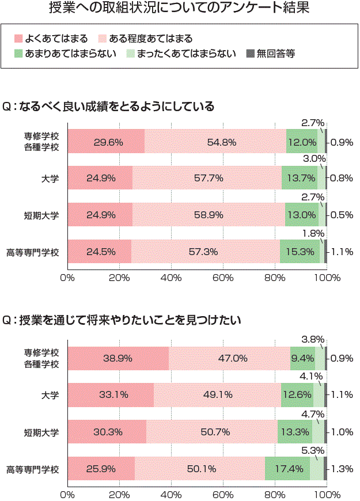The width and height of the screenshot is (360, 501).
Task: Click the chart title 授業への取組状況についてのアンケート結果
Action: click(x=180, y=9)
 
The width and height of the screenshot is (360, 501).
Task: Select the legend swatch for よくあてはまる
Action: click(x=18, y=39)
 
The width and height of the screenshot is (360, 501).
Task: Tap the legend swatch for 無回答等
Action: click(x=249, y=54)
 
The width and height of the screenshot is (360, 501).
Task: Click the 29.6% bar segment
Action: click(x=106, y=142)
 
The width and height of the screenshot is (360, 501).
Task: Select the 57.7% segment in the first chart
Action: click(x=207, y=178)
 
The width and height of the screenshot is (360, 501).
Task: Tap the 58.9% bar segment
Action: click(x=209, y=215)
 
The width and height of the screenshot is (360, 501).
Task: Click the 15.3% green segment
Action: click(x=300, y=252)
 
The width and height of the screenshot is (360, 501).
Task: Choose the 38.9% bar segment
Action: click(x=118, y=358)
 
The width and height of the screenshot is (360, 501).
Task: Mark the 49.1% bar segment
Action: click(x=218, y=395)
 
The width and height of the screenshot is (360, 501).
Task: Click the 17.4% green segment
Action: click(x=287, y=469)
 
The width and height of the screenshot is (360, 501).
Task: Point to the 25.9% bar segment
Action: click(x=101, y=469)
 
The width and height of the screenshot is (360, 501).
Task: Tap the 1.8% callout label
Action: click(x=313, y=233)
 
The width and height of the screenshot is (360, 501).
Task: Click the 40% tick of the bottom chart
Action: click(x=171, y=494)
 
